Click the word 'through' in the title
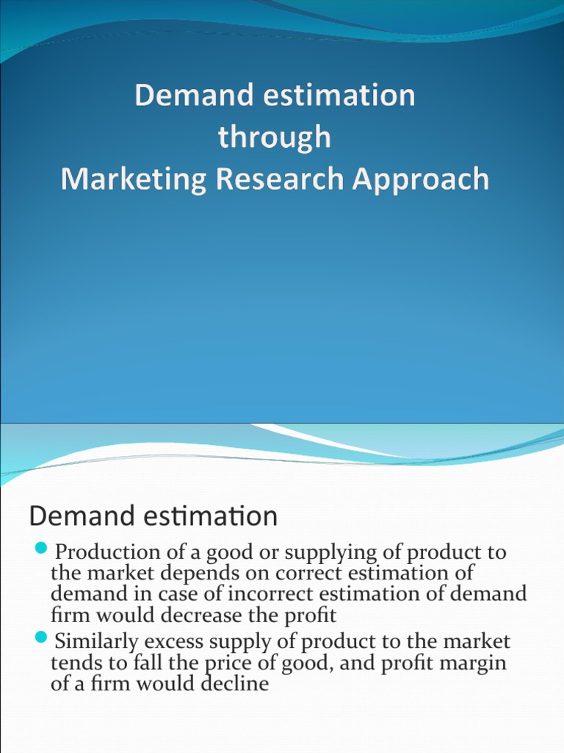coord(274,138)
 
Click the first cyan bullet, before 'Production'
coord(41,548)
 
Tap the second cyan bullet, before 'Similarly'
coord(41,636)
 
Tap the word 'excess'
coord(185,641)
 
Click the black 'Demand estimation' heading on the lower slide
coord(153,516)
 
